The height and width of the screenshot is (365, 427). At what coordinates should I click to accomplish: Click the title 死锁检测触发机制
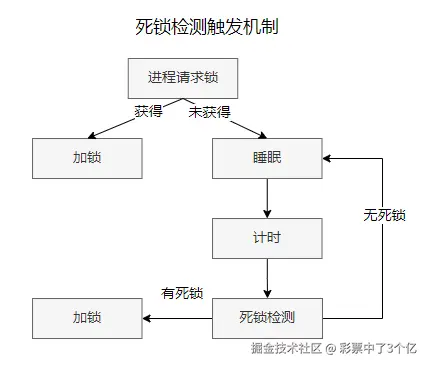tap(206, 27)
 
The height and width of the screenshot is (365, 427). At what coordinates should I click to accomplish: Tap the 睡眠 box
tap(267, 158)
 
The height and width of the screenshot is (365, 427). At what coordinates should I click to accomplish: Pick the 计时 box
tap(267, 238)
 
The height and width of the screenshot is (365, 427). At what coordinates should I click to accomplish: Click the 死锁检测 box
tap(267, 318)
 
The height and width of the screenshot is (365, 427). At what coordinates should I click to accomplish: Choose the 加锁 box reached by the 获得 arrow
tap(87, 158)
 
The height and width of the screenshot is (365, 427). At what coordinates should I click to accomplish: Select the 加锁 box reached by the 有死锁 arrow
tap(87, 318)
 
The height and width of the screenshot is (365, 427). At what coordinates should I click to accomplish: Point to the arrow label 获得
tap(148, 110)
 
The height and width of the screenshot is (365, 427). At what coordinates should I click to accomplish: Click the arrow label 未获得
tap(210, 110)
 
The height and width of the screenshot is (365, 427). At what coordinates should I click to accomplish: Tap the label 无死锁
tap(383, 215)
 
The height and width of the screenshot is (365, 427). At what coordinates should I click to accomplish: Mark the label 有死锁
tap(182, 293)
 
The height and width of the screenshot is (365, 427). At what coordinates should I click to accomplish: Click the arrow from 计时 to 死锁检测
tap(267, 278)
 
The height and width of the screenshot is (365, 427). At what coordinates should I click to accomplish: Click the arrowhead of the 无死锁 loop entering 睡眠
tap(329, 158)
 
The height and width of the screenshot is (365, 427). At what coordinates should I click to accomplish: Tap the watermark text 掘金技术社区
tap(285, 348)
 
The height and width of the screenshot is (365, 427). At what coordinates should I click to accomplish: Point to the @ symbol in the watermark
tap(330, 348)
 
